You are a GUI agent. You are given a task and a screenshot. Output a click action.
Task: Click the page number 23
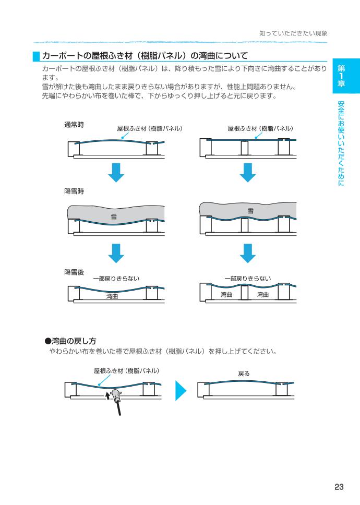click(339, 487)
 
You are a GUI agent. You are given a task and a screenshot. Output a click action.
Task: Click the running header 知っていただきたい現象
click(293, 33)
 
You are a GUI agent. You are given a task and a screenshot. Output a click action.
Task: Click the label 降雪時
click(74, 191)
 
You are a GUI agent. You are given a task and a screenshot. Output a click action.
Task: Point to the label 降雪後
click(74, 272)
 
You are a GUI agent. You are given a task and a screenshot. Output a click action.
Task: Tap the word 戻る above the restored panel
click(244, 374)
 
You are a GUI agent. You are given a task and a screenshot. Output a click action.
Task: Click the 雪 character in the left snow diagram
click(113, 217)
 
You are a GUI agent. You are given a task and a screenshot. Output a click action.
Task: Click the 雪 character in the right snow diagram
click(250, 211)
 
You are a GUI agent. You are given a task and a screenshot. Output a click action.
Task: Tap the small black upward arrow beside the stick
click(108, 396)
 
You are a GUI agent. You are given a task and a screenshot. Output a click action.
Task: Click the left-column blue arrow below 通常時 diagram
click(119, 172)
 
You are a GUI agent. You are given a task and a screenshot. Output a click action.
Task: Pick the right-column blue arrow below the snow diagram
click(250, 252)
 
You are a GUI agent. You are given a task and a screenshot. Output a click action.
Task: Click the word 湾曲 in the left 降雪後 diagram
click(112, 296)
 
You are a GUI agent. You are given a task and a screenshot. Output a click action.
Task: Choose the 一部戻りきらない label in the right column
click(248, 279)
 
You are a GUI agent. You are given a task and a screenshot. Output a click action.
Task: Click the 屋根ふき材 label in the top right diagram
click(261, 128)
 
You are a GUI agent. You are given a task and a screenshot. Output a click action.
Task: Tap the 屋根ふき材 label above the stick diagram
click(126, 371)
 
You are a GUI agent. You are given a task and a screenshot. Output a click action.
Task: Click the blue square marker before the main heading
click(36, 55)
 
